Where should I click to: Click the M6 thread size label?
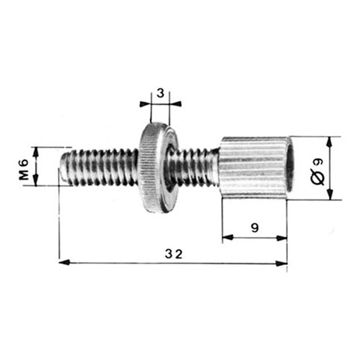click(x=24, y=170)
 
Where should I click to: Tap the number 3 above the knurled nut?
click(x=161, y=93)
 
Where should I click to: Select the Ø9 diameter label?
click(x=318, y=171)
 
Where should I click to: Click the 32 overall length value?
click(x=174, y=254)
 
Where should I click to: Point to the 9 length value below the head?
click(x=255, y=228)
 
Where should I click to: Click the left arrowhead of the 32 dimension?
click(x=64, y=262)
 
